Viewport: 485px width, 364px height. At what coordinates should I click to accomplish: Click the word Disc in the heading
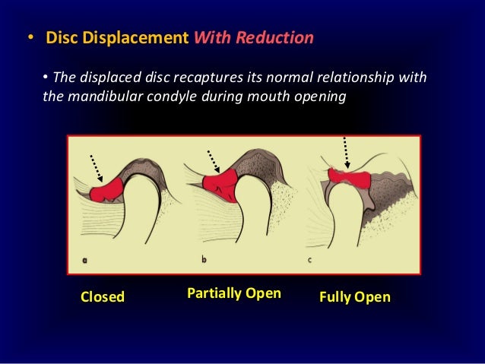pos(63,38)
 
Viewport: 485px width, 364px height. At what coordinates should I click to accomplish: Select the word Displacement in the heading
pos(137,38)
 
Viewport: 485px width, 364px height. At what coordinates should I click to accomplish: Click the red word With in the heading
pos(212,38)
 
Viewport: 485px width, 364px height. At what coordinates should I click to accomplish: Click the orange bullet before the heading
pos(30,38)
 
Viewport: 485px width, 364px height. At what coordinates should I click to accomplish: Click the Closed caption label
pos(103,296)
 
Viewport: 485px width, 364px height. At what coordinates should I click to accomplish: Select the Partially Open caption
pos(233,293)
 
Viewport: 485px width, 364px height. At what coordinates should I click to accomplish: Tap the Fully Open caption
pos(355,296)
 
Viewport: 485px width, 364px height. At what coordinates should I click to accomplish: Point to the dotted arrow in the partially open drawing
pos(212,161)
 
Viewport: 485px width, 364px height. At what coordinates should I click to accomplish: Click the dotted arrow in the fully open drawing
pos(347,152)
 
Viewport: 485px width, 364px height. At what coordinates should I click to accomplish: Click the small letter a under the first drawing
pos(84,259)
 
